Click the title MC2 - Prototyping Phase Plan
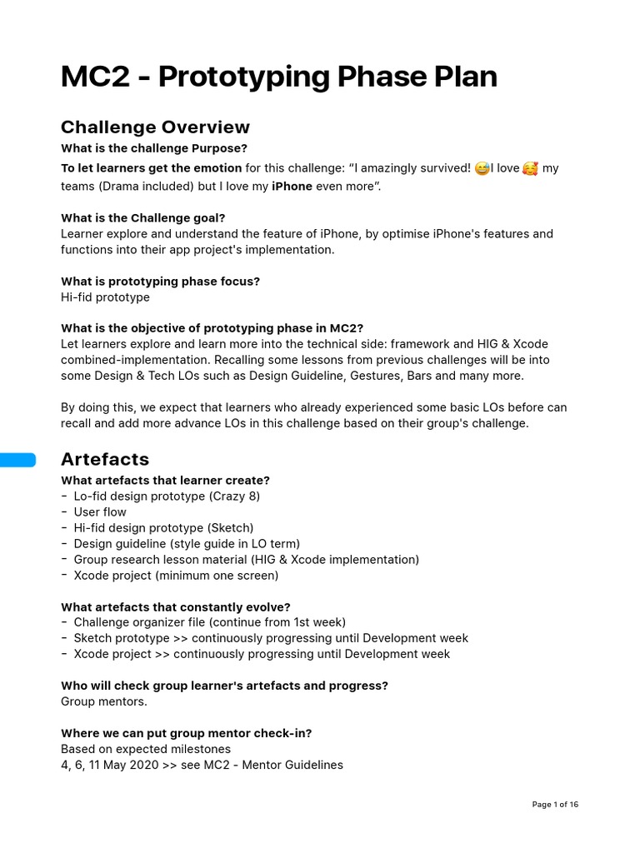(x=278, y=77)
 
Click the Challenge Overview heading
(x=155, y=127)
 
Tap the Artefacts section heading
(x=105, y=459)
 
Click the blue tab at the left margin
(x=17, y=460)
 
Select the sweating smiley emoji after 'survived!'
(x=482, y=169)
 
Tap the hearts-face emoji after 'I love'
(x=530, y=169)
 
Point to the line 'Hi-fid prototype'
(x=105, y=297)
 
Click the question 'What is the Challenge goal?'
(x=142, y=218)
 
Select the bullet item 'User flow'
(x=100, y=512)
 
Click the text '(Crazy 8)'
(x=234, y=496)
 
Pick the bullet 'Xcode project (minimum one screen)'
(x=176, y=576)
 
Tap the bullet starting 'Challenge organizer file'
(x=209, y=622)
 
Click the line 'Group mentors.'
(x=103, y=701)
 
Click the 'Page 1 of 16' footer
(x=555, y=805)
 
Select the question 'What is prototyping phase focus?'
(x=160, y=282)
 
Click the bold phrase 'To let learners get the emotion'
(x=151, y=168)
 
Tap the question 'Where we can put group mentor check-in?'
(x=186, y=733)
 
